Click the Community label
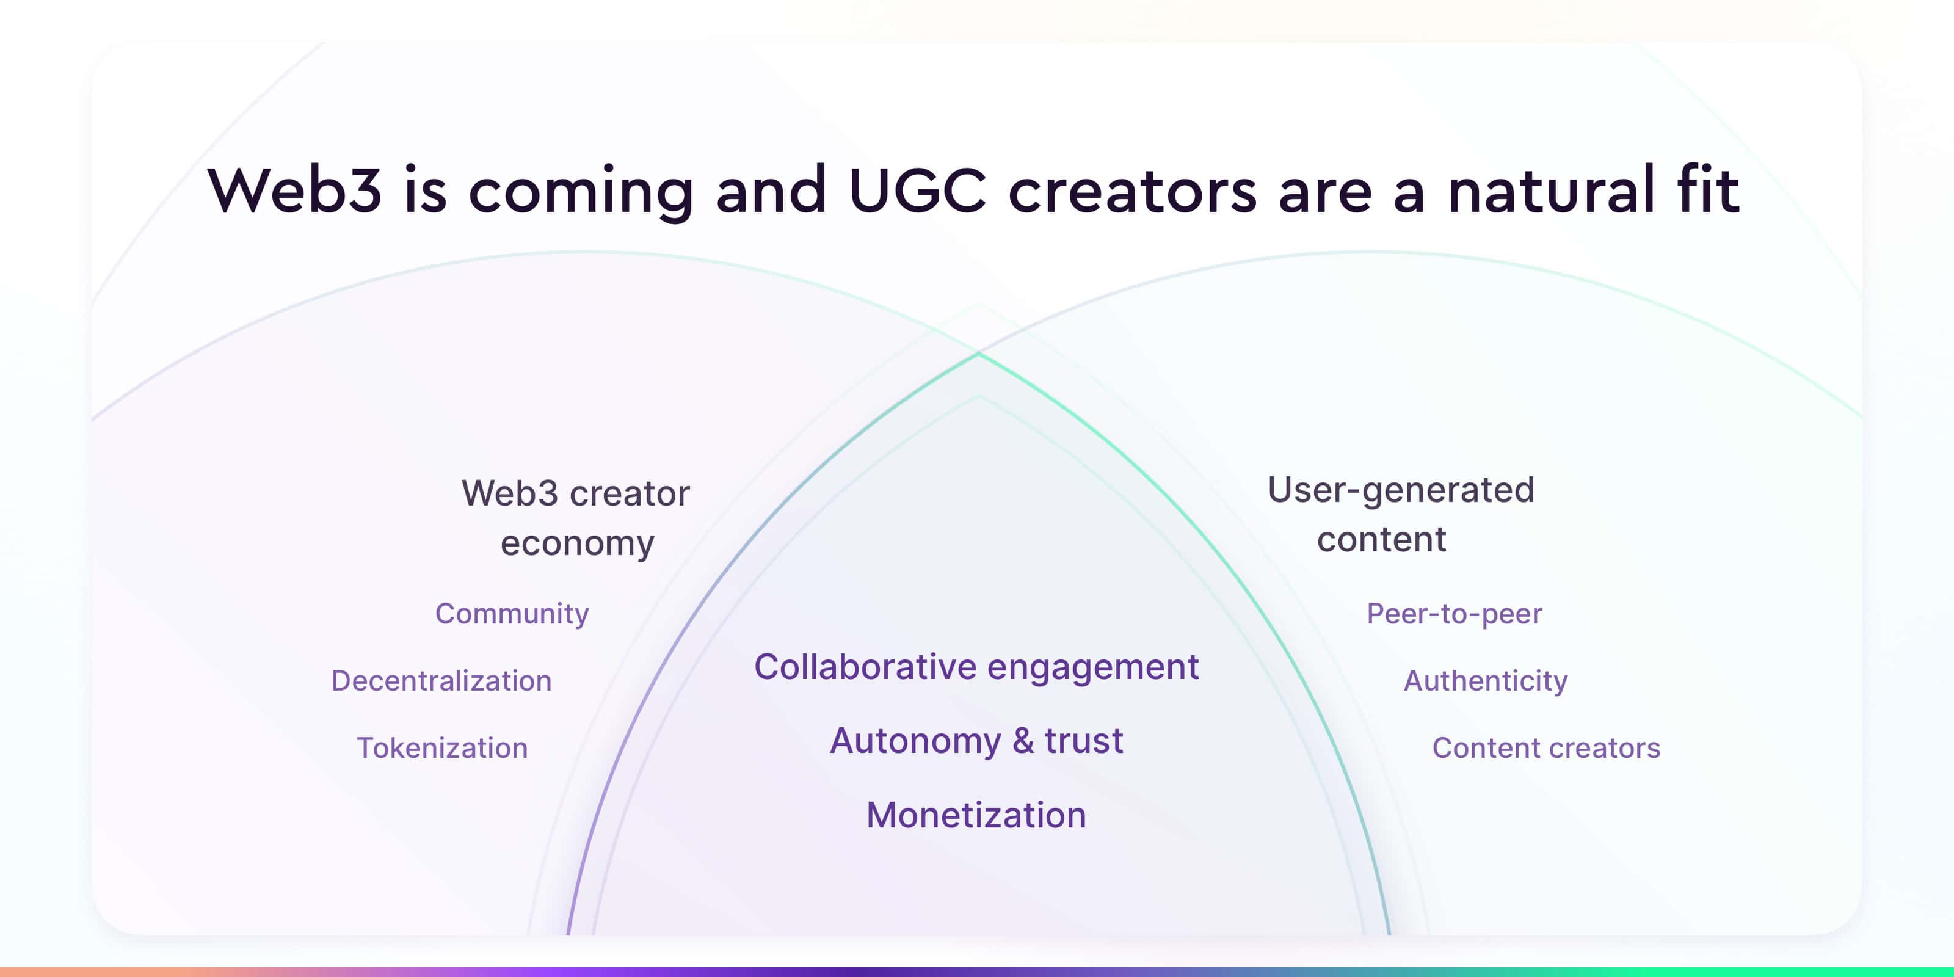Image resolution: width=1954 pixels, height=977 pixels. pyautogui.click(x=512, y=614)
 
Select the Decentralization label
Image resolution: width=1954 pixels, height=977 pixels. pyautogui.click(x=441, y=680)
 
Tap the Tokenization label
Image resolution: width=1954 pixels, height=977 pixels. pyautogui.click(x=442, y=748)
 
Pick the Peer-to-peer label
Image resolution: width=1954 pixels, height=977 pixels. pyautogui.click(x=1454, y=614)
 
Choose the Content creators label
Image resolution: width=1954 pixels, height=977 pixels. pyautogui.click(x=1546, y=748)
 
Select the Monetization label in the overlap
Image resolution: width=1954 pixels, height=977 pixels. pyautogui.click(x=976, y=815)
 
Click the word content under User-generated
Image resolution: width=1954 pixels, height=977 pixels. pyautogui.click(x=1381, y=539)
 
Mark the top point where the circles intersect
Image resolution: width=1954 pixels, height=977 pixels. pyautogui.click(x=978, y=353)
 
